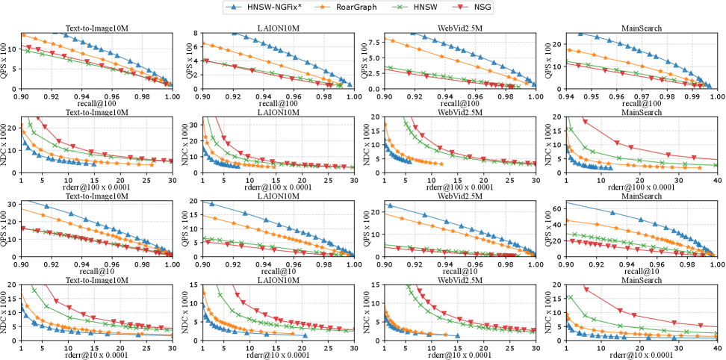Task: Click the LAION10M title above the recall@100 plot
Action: pyautogui.click(x=277, y=29)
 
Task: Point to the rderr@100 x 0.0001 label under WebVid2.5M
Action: pyautogui.click(x=459, y=187)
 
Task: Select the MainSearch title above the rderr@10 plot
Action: pyautogui.click(x=641, y=280)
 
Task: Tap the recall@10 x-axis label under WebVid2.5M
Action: pyautogui.click(x=459, y=271)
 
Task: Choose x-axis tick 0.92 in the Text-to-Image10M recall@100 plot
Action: pyautogui.click(x=52, y=96)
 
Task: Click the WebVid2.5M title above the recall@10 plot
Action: pyautogui.click(x=459, y=196)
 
